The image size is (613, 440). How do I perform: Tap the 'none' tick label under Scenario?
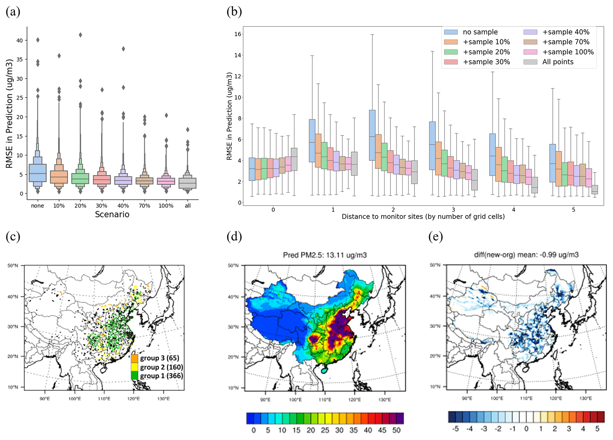pyautogui.click(x=37, y=206)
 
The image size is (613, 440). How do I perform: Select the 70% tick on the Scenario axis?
pyautogui.click(x=144, y=206)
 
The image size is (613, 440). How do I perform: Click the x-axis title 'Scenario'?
pyautogui.click(x=112, y=214)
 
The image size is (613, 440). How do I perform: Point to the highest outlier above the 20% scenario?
pyautogui.click(x=80, y=35)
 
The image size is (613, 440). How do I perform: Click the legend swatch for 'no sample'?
pyautogui.click(x=451, y=32)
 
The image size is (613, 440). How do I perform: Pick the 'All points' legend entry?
pyautogui.click(x=558, y=62)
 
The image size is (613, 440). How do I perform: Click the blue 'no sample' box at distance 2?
pyautogui.click(x=372, y=135)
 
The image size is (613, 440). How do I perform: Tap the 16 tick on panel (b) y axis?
pyautogui.click(x=238, y=34)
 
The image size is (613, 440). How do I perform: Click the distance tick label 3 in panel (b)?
pyautogui.click(x=453, y=210)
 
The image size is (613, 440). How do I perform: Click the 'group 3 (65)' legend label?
pyautogui.click(x=160, y=358)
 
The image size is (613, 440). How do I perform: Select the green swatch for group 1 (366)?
pyautogui.click(x=135, y=376)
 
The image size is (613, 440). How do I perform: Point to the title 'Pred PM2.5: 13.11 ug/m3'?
pyautogui.click(x=325, y=255)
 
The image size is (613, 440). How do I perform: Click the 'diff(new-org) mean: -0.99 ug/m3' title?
pyautogui.click(x=526, y=255)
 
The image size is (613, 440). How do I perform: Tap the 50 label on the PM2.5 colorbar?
pyautogui.click(x=397, y=430)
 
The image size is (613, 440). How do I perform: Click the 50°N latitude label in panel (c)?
pyautogui.click(x=13, y=266)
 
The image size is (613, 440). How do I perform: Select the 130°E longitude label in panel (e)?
pyautogui.click(x=585, y=398)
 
